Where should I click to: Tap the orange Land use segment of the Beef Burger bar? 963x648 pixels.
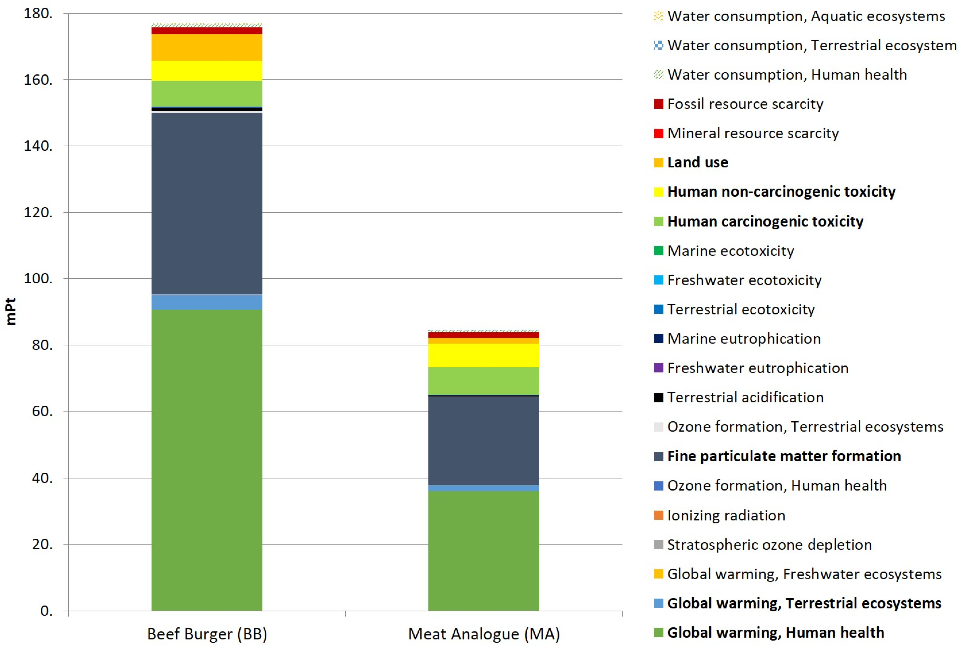(207, 47)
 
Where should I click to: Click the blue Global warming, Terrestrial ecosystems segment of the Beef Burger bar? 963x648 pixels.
(207, 302)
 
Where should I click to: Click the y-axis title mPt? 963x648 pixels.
(11, 312)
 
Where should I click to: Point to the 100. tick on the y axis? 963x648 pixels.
(38, 279)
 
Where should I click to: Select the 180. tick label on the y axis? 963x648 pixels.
(38, 14)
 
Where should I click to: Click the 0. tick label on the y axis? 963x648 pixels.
(46, 610)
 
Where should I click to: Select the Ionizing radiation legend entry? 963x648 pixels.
(726, 515)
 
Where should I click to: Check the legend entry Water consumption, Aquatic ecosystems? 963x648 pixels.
(806, 16)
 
